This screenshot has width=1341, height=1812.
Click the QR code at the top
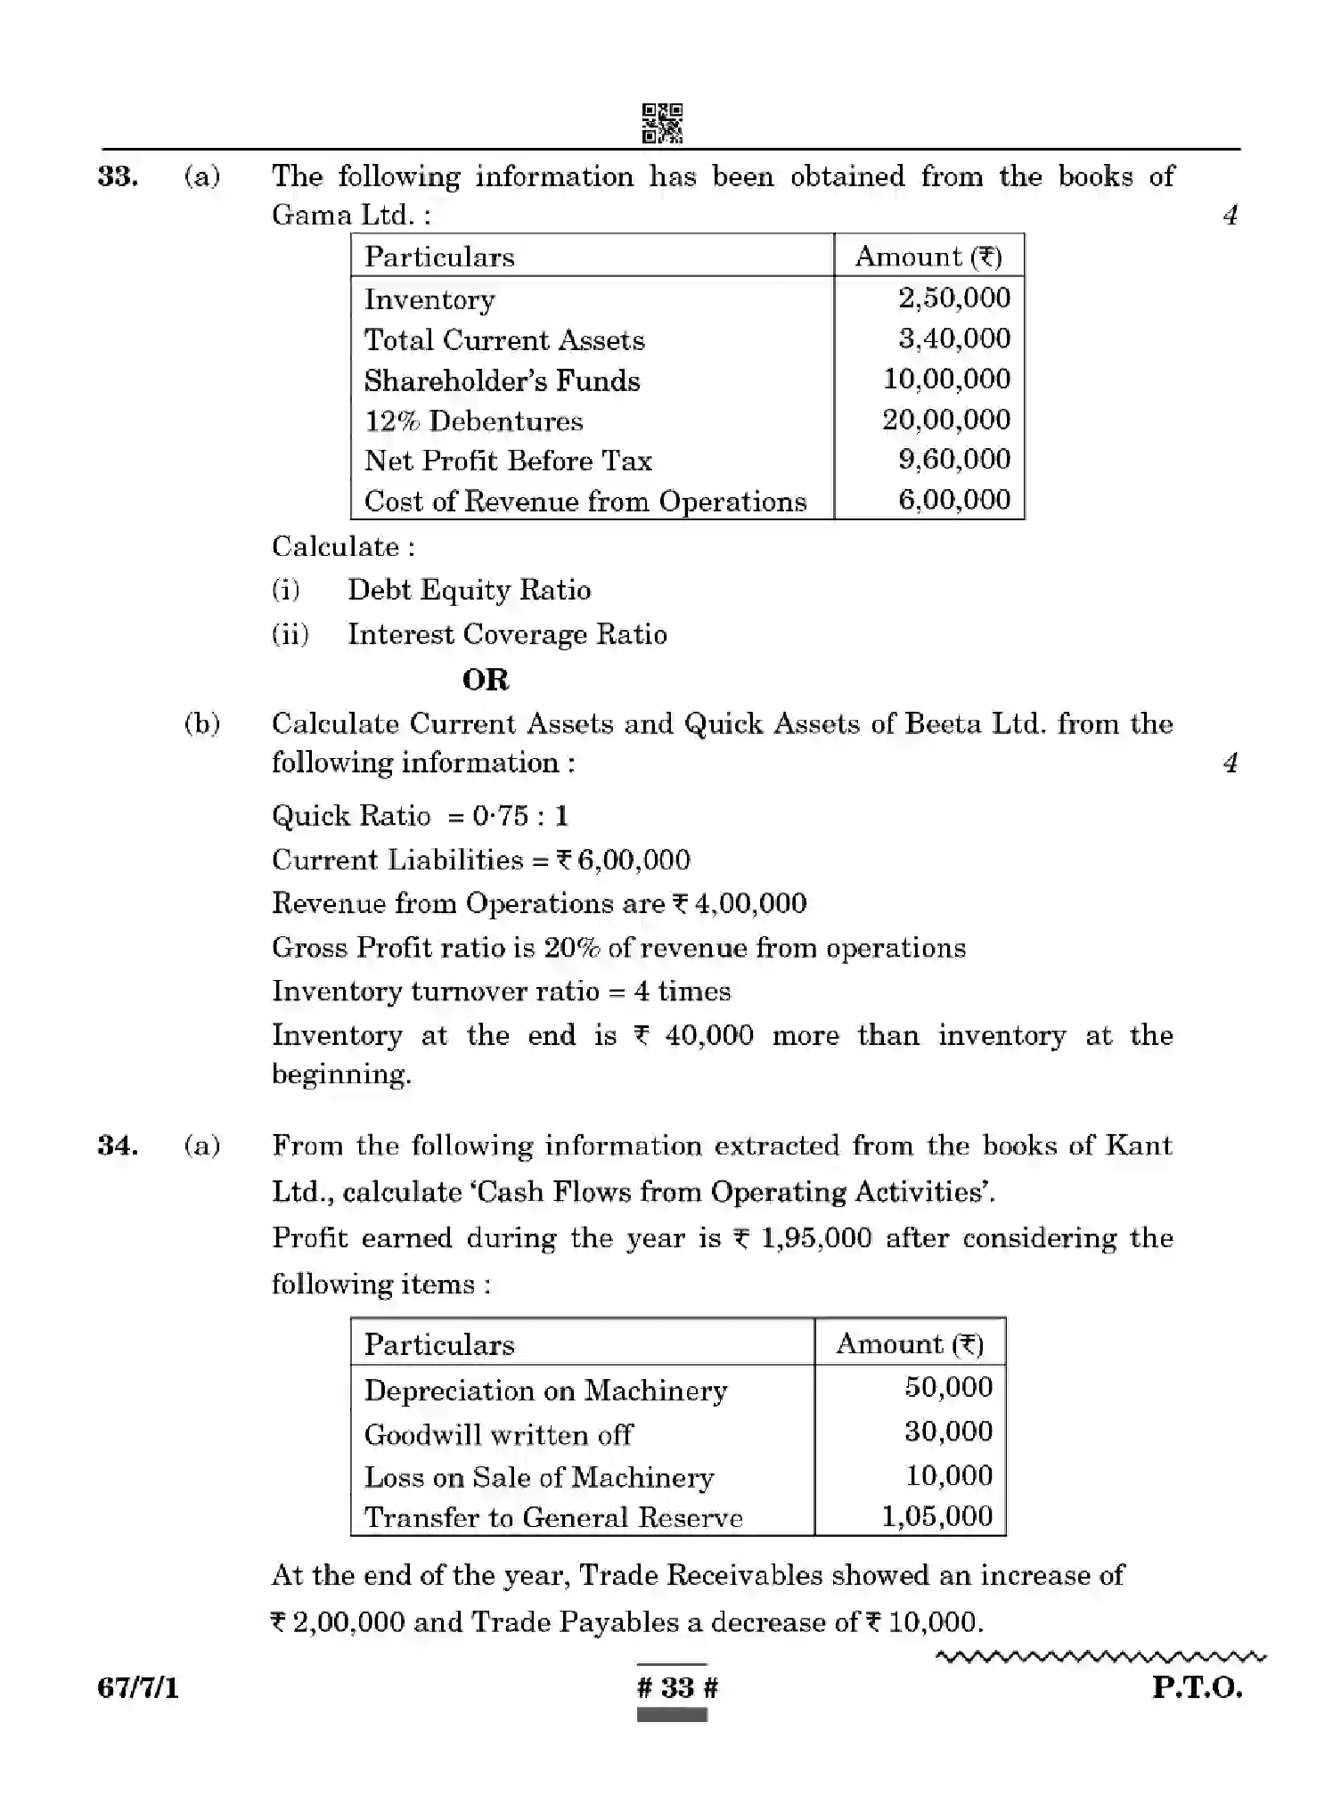(662, 123)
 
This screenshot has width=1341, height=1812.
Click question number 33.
(118, 176)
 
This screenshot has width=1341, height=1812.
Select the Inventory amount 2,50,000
(953, 298)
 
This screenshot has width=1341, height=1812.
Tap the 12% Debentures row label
(473, 420)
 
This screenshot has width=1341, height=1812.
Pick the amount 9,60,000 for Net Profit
(953, 459)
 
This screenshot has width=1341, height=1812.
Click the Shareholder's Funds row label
(502, 380)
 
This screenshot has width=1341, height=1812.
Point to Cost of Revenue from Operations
(585, 501)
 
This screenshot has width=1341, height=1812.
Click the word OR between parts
(486, 680)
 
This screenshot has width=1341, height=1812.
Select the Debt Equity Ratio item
(469, 590)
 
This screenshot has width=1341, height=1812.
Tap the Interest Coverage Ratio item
(506, 634)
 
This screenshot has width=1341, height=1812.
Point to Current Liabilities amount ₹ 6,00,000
(623, 860)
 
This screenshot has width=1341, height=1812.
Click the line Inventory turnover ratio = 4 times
(501, 992)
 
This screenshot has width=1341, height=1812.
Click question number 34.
(118, 1146)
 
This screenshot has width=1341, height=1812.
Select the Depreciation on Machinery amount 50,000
(948, 1387)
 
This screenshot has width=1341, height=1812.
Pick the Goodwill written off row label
(498, 1434)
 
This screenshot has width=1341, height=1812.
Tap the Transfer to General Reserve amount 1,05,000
(936, 1515)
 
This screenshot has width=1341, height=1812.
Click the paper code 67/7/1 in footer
(138, 1687)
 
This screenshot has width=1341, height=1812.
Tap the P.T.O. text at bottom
(1196, 1687)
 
